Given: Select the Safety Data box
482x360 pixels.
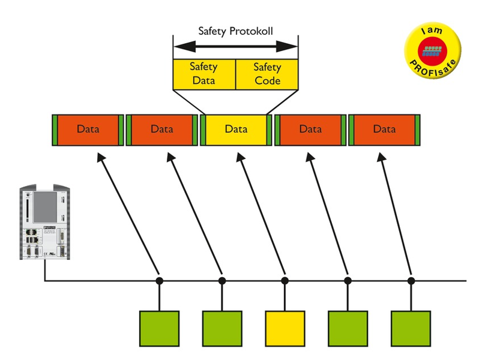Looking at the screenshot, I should tap(203, 73).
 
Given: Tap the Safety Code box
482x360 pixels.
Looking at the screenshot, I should tap(267, 73).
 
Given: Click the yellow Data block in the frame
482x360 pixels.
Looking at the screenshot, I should tap(236, 129).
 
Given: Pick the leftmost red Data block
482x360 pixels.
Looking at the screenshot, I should tap(88, 129).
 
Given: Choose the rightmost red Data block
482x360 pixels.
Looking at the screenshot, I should tap(384, 129).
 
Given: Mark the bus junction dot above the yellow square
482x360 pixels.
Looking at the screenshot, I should tap(285, 280).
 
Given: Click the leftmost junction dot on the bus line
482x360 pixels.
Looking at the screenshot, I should tap(160, 280).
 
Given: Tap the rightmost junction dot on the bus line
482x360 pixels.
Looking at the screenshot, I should tap(411, 280).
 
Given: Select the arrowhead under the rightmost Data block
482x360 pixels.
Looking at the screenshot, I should tap(381, 157).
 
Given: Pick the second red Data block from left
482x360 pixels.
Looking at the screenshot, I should tap(162, 129).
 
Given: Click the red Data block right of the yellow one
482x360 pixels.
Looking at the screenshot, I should tap(310, 129).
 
